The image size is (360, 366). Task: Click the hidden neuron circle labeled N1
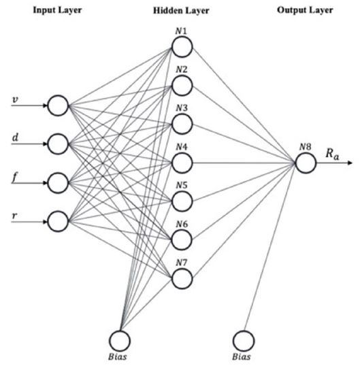182,46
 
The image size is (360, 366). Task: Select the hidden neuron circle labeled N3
182,124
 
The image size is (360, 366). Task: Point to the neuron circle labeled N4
182,163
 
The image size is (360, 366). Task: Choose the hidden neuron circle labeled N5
182,201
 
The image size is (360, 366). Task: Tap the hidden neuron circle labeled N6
182,240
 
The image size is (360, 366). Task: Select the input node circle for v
59,105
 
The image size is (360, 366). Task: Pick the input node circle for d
59,144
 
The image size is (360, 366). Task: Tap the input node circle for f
59,182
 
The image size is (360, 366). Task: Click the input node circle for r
59,220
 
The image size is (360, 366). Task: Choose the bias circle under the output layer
244,339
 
